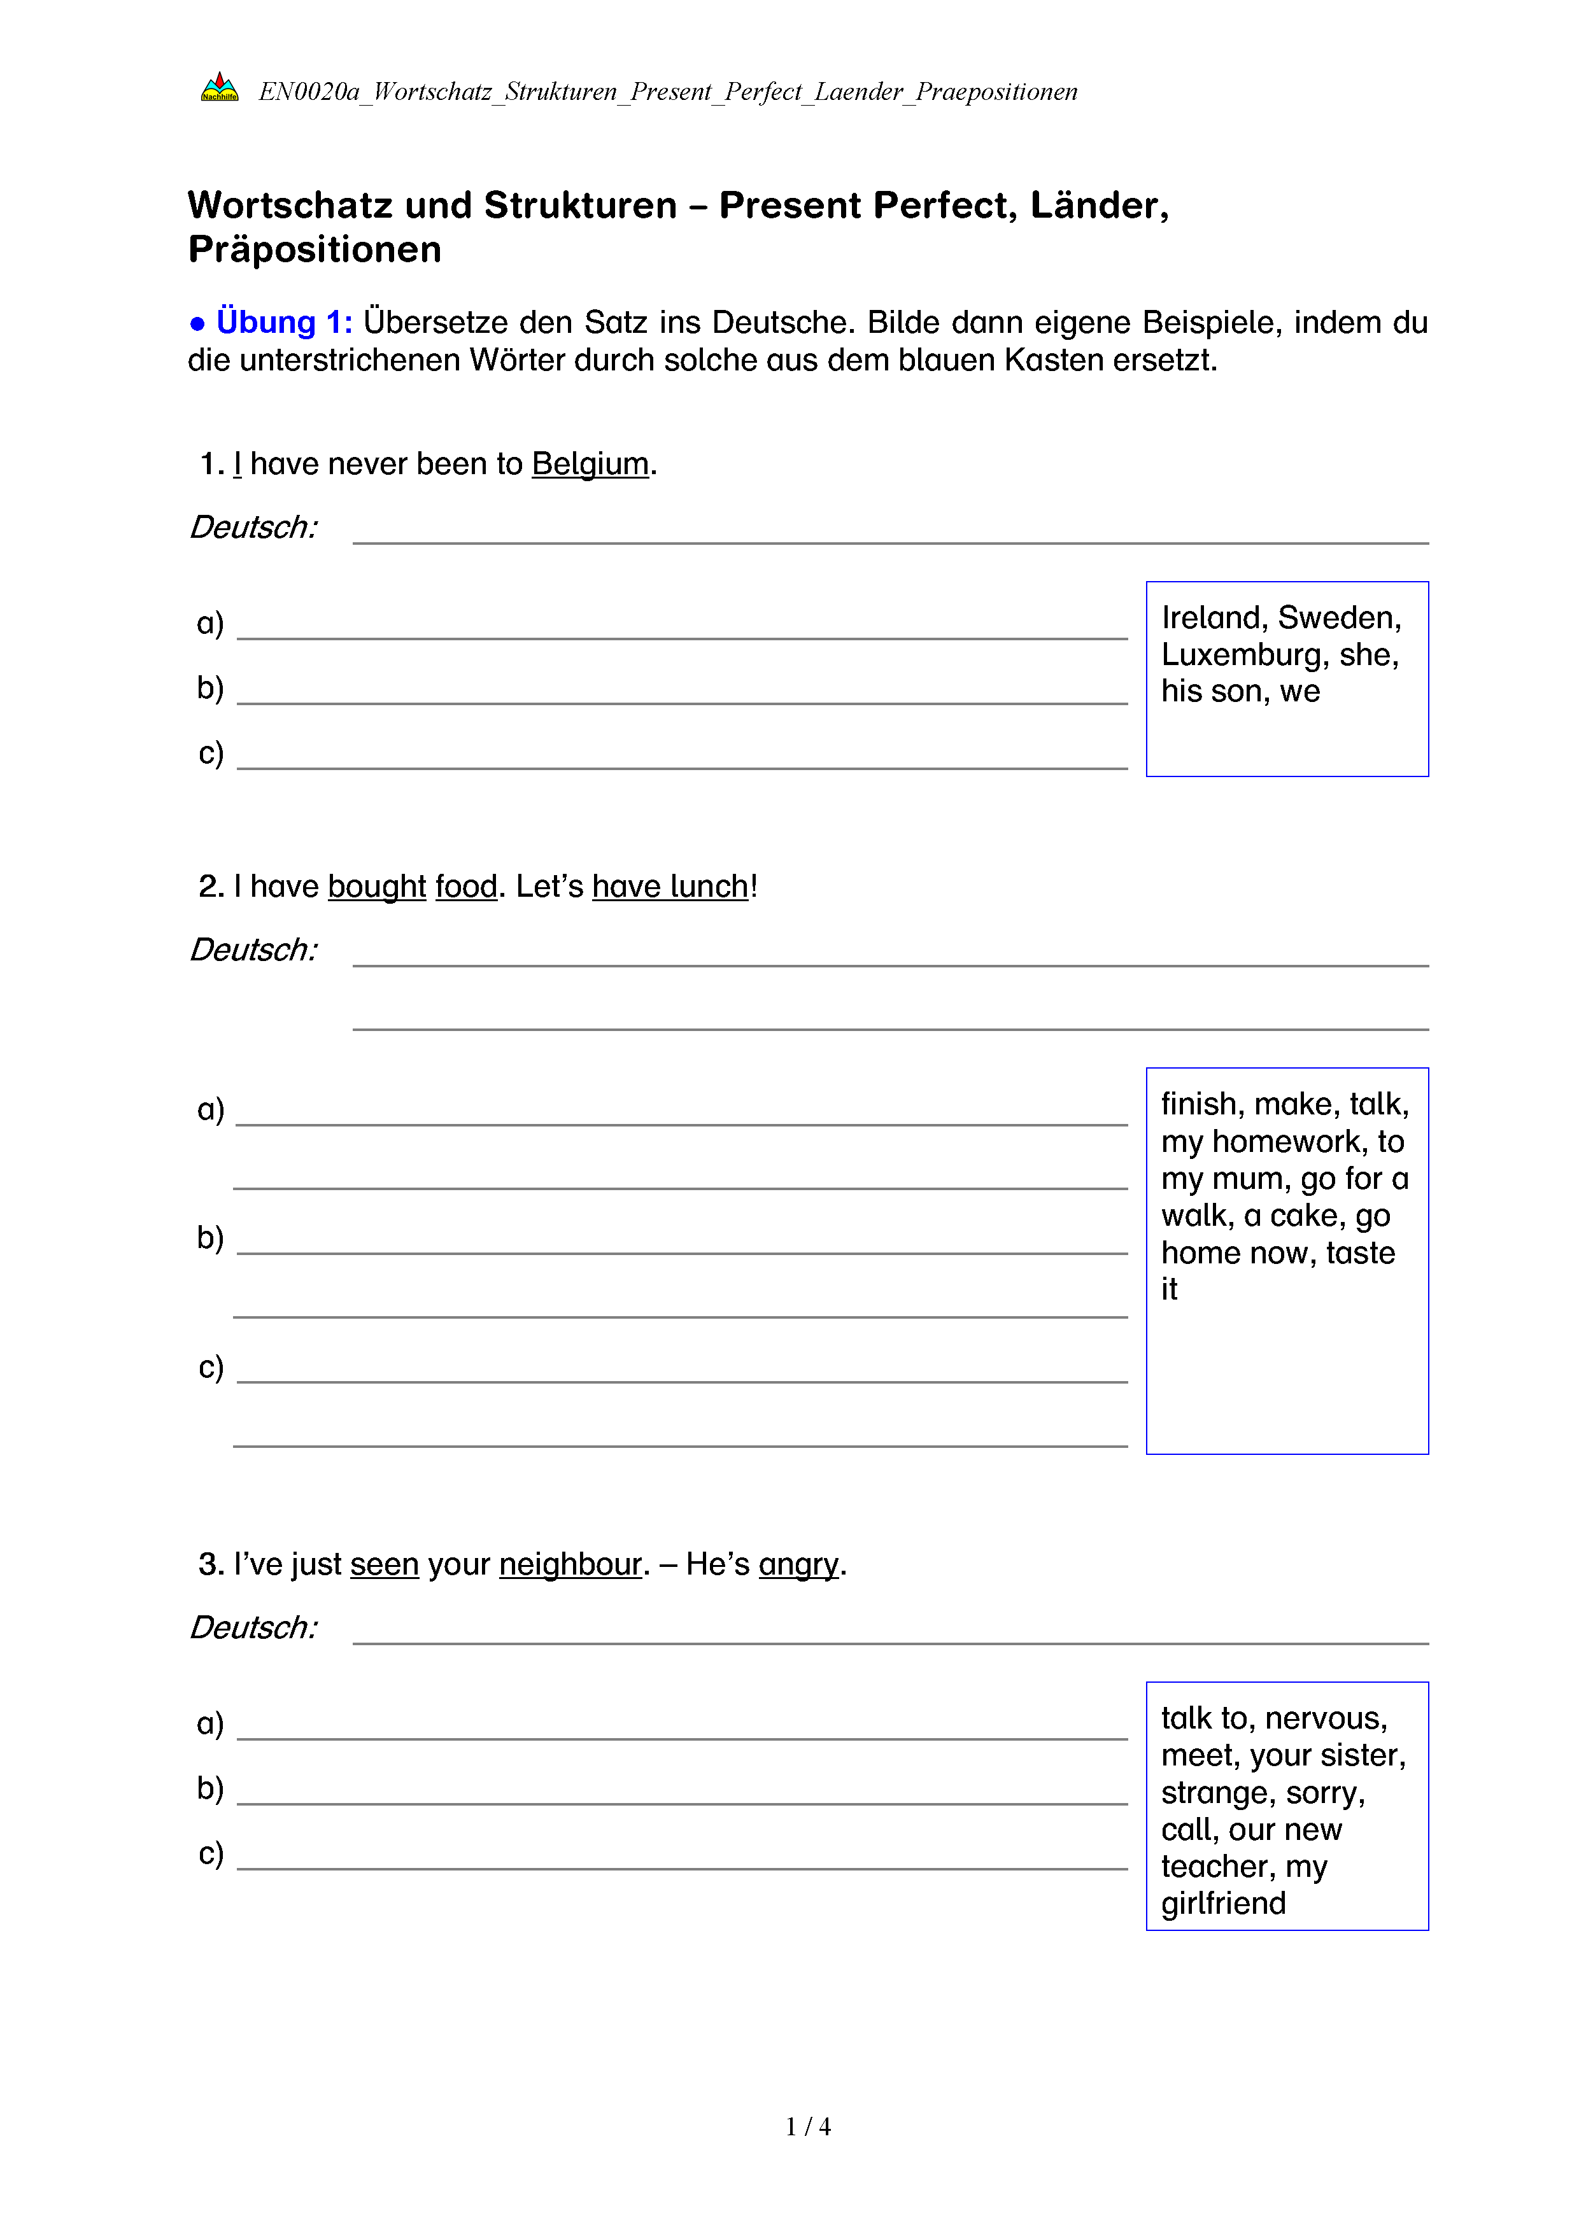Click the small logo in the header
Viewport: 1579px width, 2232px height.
point(219,87)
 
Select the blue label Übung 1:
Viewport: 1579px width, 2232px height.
point(284,322)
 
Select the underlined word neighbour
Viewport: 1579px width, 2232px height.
point(570,1564)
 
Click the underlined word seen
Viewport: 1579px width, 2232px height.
point(384,1564)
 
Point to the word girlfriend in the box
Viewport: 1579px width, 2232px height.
point(1223,1904)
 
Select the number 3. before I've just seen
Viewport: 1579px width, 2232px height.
point(211,1564)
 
